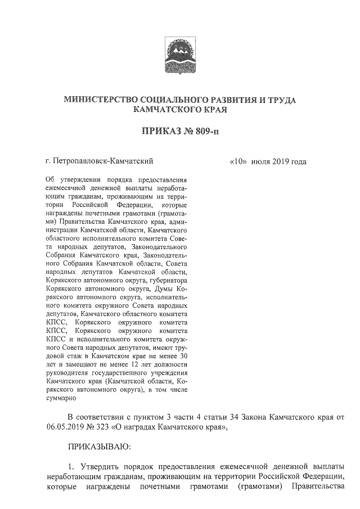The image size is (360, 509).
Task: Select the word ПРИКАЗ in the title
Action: point(161,133)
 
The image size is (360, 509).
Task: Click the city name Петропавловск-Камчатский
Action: point(103,161)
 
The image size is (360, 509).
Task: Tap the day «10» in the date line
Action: point(240,161)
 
